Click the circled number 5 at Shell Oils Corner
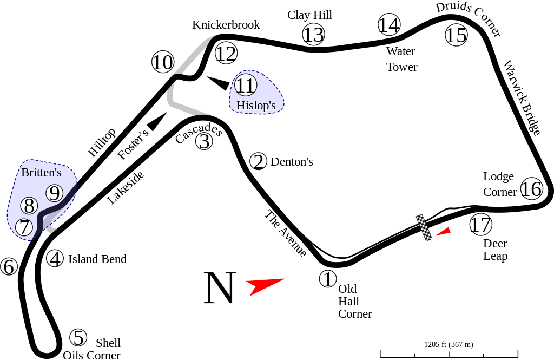78,337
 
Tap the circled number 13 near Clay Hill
313,34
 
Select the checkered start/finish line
424,228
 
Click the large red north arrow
265,285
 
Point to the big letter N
220,288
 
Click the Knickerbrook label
226,25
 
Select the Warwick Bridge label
522,97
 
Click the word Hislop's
256,105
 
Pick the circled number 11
246,85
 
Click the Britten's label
41,173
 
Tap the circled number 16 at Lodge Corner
532,188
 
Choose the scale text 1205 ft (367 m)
449,344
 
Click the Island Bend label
97,259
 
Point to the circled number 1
328,279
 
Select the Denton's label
292,162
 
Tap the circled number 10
163,62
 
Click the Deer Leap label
496,250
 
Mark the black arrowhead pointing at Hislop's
219,83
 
